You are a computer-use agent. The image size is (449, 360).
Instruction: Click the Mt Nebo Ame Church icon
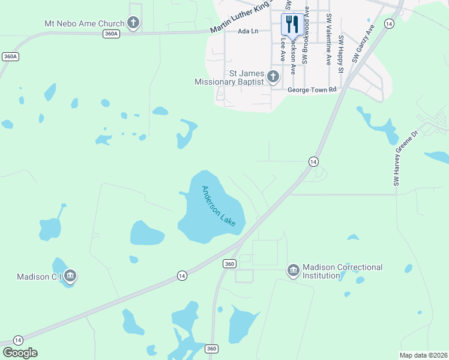pos(133,23)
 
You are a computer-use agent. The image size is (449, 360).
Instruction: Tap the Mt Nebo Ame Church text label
pos(84,24)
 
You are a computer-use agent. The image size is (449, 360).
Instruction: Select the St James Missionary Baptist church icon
pos(273,76)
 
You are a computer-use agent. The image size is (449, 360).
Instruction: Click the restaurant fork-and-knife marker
pos(291,25)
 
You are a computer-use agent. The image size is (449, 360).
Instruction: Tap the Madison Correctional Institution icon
pos(294,271)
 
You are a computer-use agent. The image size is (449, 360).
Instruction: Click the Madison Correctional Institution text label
pos(342,271)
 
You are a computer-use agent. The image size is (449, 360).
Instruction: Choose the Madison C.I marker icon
pos(70,276)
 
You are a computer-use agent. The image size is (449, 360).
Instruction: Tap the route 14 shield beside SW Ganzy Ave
pos(389,23)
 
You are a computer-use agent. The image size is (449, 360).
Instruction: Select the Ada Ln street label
pos(247,31)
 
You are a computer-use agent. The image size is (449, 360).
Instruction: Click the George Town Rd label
pos(312,89)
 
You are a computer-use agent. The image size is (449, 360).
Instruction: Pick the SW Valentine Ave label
pos(328,39)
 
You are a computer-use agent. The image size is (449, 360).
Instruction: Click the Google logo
pos(20,353)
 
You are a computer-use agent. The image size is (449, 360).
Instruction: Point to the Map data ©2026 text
pos(423,355)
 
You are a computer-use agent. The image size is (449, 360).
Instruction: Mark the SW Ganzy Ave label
pos(364,43)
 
